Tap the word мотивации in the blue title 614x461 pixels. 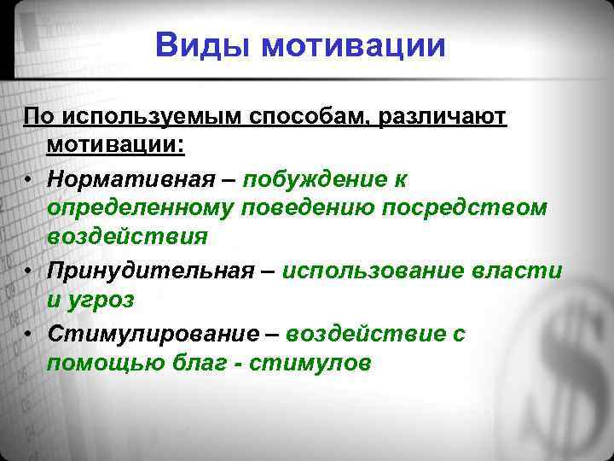point(354,44)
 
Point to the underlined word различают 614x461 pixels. point(446,116)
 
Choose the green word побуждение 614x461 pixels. point(316,179)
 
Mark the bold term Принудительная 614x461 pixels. point(150,271)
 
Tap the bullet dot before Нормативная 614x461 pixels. point(29,180)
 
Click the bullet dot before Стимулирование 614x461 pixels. point(29,334)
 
